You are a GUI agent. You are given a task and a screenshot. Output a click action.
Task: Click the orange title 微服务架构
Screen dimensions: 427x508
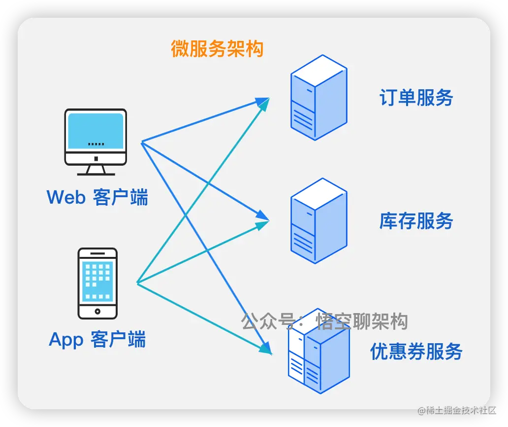tap(217, 49)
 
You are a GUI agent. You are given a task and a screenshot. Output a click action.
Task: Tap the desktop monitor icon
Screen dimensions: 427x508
tap(95, 142)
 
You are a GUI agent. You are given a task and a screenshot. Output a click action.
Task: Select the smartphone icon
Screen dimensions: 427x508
tap(97, 283)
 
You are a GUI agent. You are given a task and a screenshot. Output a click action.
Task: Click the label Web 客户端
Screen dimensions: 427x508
tap(97, 197)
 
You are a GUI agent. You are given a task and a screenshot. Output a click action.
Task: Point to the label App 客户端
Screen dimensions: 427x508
tap(97, 339)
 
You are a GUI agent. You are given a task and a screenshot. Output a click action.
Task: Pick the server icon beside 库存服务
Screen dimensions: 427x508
tap(318, 221)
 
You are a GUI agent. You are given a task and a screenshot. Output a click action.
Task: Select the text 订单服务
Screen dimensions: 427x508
tap(416, 98)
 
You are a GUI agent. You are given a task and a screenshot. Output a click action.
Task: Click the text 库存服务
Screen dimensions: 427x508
tap(416, 221)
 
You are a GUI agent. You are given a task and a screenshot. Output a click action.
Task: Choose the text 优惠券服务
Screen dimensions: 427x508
tap(416, 352)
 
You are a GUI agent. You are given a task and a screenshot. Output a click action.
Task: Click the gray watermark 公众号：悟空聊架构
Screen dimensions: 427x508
tap(324, 321)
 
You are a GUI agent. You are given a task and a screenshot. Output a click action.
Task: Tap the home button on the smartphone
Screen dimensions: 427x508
tap(97, 311)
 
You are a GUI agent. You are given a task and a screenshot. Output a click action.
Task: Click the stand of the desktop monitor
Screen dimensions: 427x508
tap(96, 169)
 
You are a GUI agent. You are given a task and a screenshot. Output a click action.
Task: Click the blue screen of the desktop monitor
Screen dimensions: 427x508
tap(95, 130)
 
